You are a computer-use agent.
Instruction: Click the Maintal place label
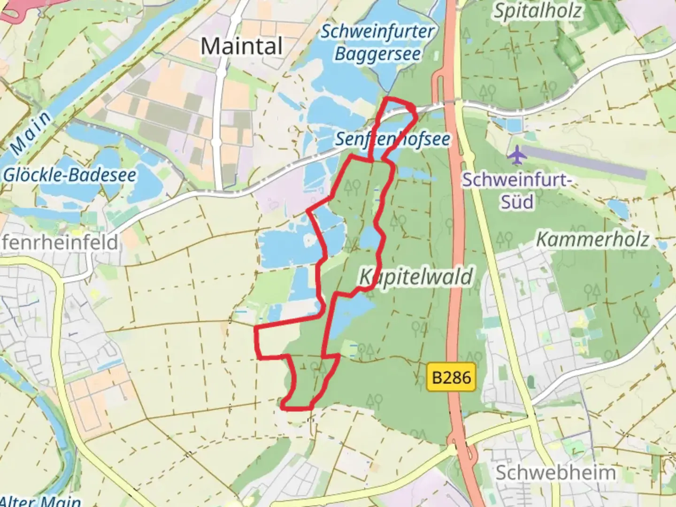[x=242, y=46]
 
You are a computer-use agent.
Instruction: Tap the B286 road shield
[x=451, y=377]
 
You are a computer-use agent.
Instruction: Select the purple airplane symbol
[x=517, y=155]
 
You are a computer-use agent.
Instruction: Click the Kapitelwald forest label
[x=416, y=277]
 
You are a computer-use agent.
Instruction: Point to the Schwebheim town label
[x=555, y=473]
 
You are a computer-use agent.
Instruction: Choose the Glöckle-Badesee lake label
[x=69, y=175]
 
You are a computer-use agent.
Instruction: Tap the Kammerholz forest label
[x=592, y=239]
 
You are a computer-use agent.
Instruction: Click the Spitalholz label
[x=537, y=11]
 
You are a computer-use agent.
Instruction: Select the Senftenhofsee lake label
[x=392, y=139]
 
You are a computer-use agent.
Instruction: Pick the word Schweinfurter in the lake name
[x=377, y=32]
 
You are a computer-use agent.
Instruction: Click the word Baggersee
[x=377, y=54]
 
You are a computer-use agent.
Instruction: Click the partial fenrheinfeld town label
[x=59, y=243]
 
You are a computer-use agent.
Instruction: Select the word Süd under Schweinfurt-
[x=517, y=202]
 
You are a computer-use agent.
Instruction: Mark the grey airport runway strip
[x=584, y=162]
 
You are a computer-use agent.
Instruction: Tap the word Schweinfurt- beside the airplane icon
[x=516, y=180]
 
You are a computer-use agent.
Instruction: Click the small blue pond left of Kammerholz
[x=617, y=208]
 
